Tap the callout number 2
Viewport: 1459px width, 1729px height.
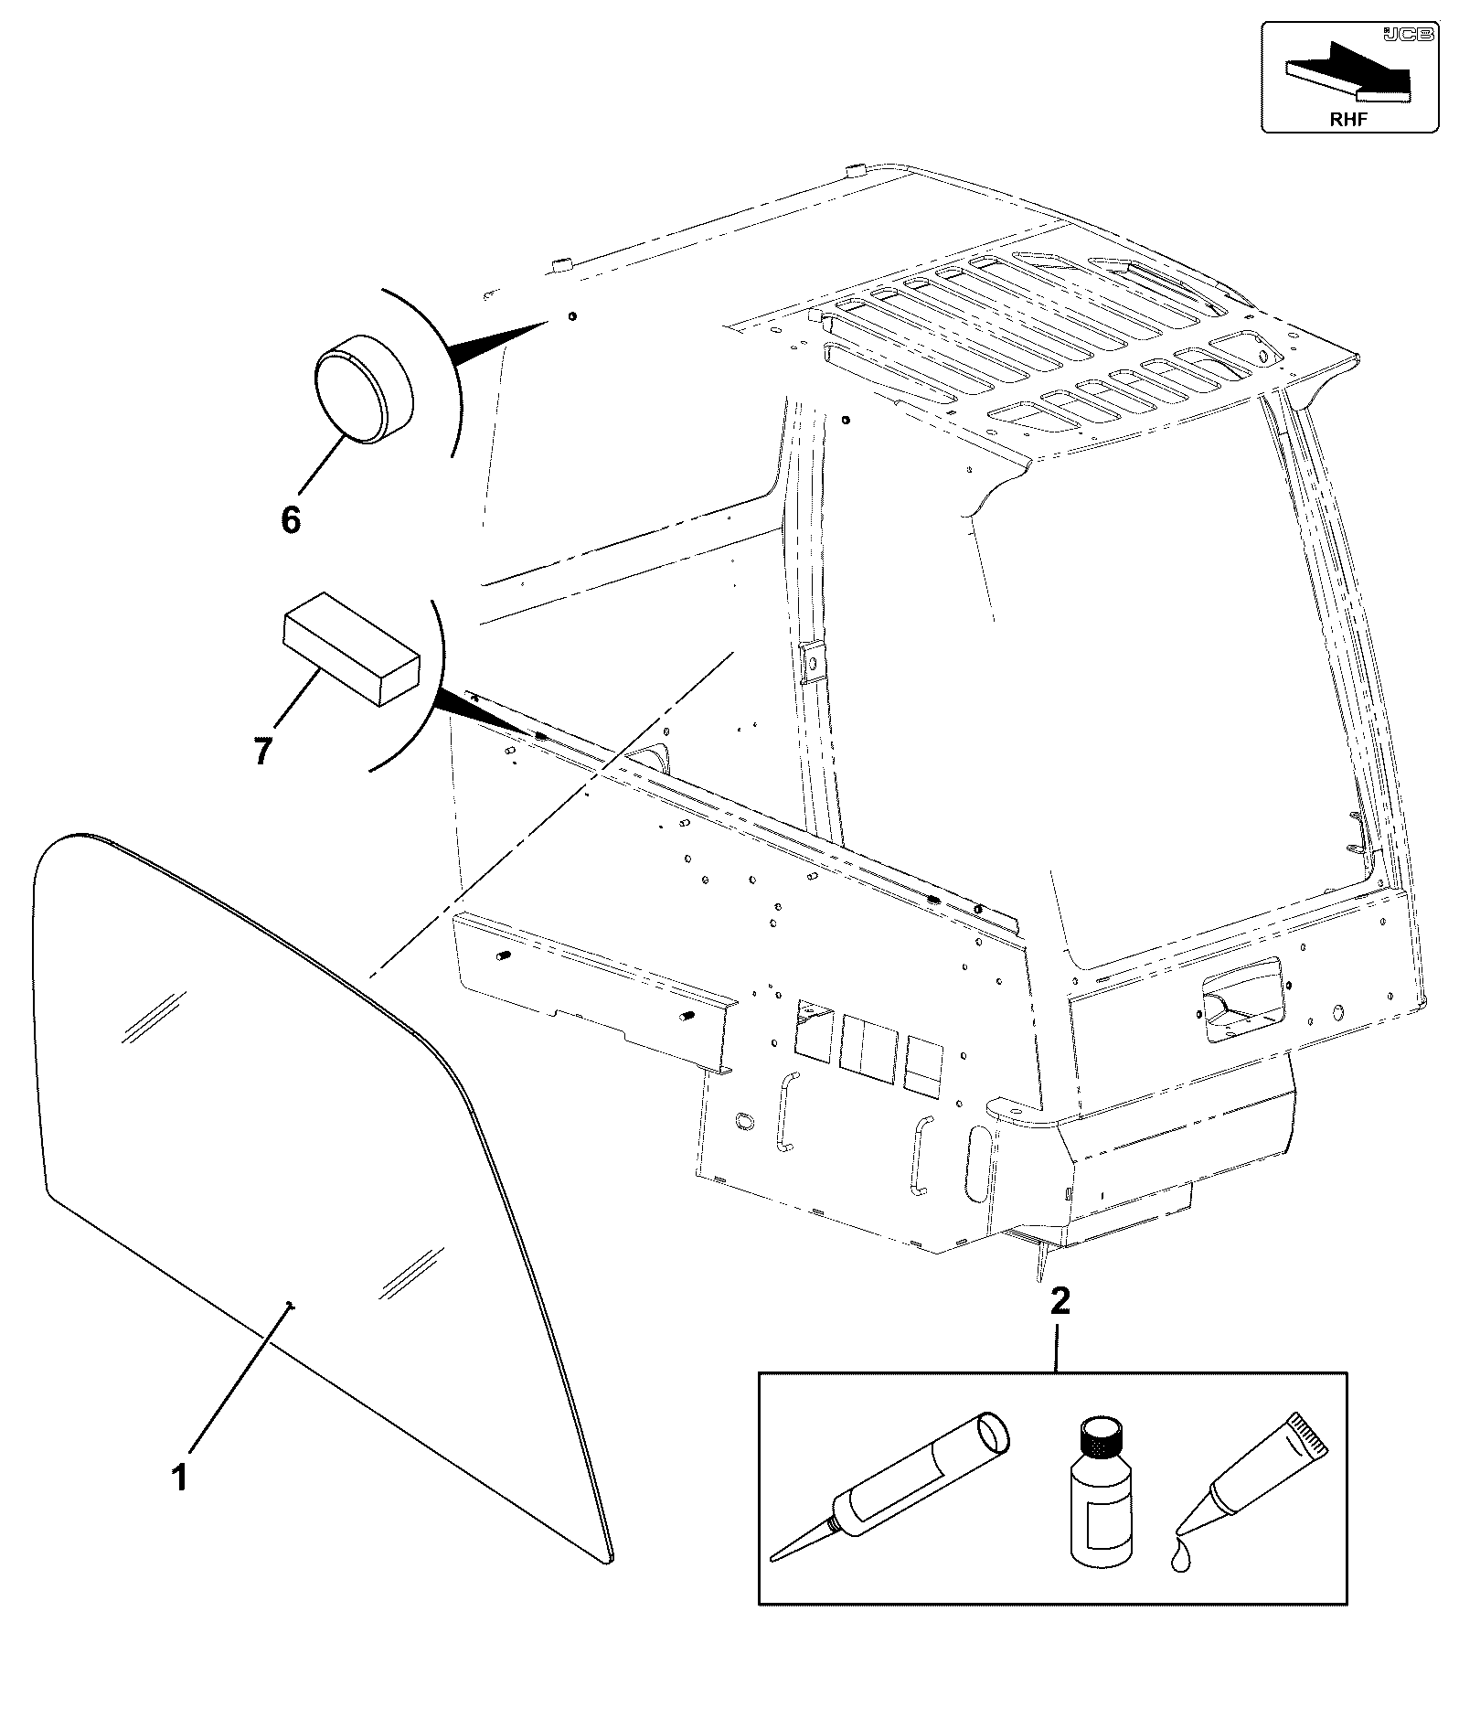(x=1060, y=1301)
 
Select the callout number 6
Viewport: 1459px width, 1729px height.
(x=290, y=520)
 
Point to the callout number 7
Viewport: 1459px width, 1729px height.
(x=262, y=751)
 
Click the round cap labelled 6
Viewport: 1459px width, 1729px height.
(x=364, y=389)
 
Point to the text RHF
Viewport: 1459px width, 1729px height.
(x=1349, y=119)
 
